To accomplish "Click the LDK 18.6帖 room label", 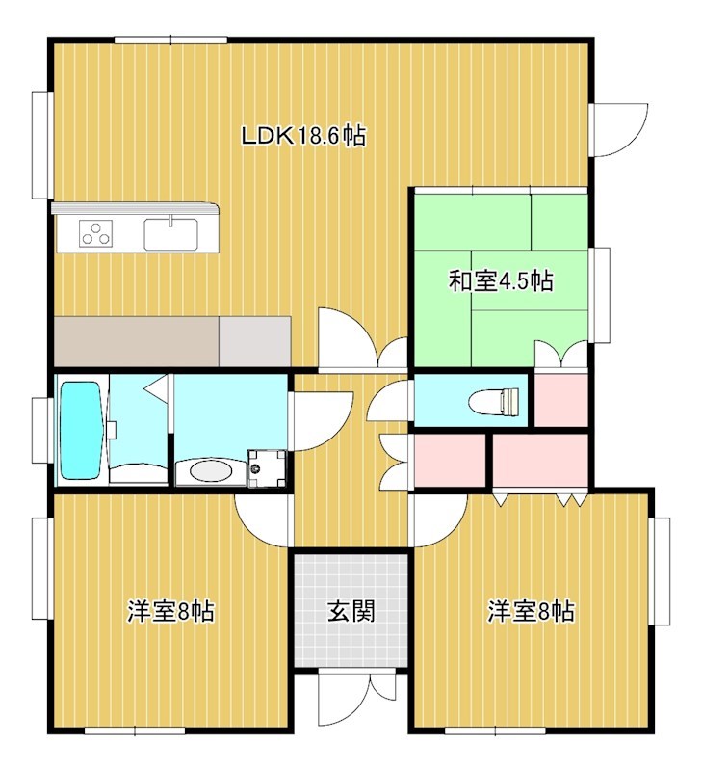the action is pos(303,136).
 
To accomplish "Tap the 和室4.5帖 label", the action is pos(501,280).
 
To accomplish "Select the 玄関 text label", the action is pos(351,611).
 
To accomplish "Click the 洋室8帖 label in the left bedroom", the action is pos(170,611).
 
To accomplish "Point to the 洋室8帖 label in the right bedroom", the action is pos(531,611).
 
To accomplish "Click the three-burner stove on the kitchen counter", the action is pos(95,232).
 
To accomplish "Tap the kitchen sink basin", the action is pos(170,233).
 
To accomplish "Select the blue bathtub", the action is pos(81,431).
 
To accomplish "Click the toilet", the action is pos(494,401).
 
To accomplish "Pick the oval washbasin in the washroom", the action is pos(210,471).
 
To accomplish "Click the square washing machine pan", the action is pos(266,468).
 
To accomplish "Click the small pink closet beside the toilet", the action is pos(560,400).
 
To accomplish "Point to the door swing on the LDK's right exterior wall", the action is pos(620,130).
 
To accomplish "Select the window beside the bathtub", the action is pos(42,430).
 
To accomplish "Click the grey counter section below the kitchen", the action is pos(254,341).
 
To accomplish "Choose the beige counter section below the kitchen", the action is pos(136,341).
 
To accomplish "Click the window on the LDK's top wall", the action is pos(170,40).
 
